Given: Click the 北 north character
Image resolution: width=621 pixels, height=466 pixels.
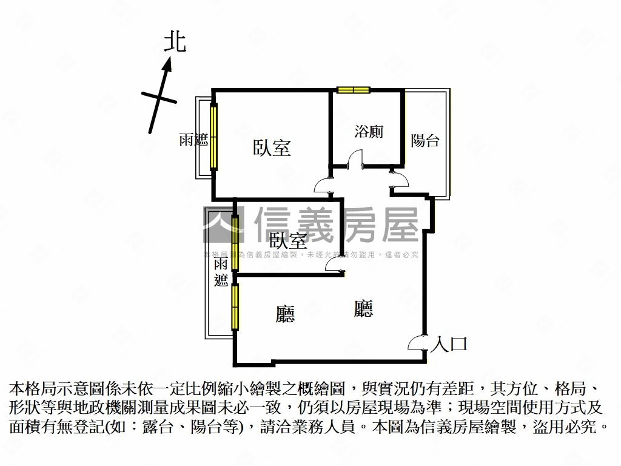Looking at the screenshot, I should tap(175, 42).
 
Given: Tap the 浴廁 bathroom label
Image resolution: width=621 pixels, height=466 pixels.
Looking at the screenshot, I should tap(369, 131).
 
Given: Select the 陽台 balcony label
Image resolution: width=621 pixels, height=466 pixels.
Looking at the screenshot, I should tap(425, 141).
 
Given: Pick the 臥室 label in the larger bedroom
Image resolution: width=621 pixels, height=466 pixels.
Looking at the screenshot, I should tap(272, 147).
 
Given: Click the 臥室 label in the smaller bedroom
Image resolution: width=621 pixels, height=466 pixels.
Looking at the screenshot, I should tap(288, 240).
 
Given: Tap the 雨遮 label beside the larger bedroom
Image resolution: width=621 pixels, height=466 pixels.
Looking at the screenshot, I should tap(193, 140).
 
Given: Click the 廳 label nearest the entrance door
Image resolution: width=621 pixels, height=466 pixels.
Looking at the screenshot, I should tap(363, 309).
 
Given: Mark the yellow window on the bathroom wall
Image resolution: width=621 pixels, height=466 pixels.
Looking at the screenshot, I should tap(354, 90).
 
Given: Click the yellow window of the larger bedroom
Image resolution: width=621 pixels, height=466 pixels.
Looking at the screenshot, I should tap(213, 137).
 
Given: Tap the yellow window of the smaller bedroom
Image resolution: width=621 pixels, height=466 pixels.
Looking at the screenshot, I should tap(235, 243).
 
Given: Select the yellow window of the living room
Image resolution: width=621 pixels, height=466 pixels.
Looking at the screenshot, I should tap(235, 307).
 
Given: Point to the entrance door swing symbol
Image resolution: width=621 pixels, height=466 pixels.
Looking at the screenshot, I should tap(417, 343).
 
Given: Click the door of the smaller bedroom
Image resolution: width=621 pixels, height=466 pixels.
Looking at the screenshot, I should tap(334, 263).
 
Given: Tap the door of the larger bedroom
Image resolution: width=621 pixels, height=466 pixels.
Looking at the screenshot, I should tap(322, 185).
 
